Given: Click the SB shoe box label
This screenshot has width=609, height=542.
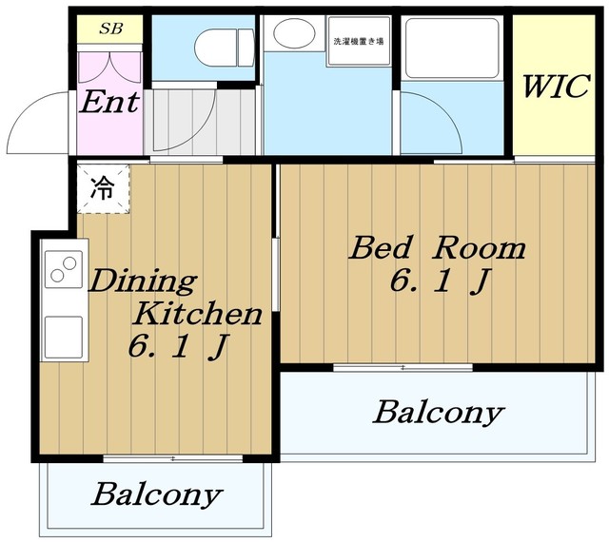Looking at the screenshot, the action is [111, 29].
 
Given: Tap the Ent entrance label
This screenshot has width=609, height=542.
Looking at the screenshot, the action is [109, 102].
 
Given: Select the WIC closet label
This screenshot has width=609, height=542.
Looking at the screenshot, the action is [556, 87].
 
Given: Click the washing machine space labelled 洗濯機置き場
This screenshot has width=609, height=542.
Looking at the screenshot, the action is [359, 41].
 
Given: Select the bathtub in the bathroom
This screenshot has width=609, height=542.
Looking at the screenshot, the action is [452, 48].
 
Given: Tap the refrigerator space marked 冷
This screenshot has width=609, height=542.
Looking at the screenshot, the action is [103, 188].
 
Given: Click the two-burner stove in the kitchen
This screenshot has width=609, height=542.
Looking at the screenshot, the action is [64, 269].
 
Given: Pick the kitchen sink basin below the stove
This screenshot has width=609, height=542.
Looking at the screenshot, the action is [64, 337].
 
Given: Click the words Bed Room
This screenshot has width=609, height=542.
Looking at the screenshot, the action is [438, 248].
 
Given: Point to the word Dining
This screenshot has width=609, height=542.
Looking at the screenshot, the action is [143, 281].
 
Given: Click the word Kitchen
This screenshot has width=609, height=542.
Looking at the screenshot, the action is [197, 314].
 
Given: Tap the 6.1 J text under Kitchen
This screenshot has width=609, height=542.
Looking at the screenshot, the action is [177, 347].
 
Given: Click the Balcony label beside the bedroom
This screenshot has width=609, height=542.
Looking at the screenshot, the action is [439, 413].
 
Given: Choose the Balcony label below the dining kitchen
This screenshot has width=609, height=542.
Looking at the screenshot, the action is [156, 494].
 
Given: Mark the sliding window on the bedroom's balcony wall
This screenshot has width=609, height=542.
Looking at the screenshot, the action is [403, 367].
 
